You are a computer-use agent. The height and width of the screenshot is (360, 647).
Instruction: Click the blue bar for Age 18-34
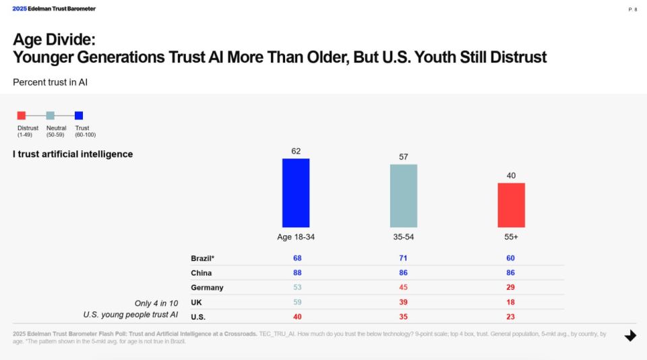pos(295,193)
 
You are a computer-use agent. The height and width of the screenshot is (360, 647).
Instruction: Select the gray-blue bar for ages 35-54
pos(403,196)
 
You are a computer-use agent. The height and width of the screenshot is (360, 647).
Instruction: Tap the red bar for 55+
pos(511,205)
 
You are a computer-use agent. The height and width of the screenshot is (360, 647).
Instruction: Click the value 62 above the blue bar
pos(296,151)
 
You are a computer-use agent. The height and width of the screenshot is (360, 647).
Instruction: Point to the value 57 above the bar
pos(403,156)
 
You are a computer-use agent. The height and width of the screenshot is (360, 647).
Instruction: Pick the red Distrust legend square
pos(22,115)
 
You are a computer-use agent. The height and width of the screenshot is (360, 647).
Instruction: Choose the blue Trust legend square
pos(79,115)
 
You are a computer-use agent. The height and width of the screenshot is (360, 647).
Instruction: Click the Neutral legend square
pos(50,115)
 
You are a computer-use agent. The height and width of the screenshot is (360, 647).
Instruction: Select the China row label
pos(201,273)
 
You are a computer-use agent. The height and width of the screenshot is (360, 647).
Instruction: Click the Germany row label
pos(207,288)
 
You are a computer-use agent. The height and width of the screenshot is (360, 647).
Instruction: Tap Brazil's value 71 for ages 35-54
pos(403,258)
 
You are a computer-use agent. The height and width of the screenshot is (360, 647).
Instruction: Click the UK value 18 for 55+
pos(511,303)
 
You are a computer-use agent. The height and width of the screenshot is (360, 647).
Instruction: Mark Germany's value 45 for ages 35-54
pos(403,288)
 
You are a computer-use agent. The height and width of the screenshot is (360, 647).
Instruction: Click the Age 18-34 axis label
pos(295,237)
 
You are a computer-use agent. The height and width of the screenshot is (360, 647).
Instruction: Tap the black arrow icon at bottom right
pos(630,335)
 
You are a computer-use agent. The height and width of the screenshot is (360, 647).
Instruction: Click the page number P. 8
pos(632,9)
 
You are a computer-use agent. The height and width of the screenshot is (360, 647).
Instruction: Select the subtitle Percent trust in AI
pos(51,82)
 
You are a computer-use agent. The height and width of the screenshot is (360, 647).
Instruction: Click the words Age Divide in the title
pos(53,40)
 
